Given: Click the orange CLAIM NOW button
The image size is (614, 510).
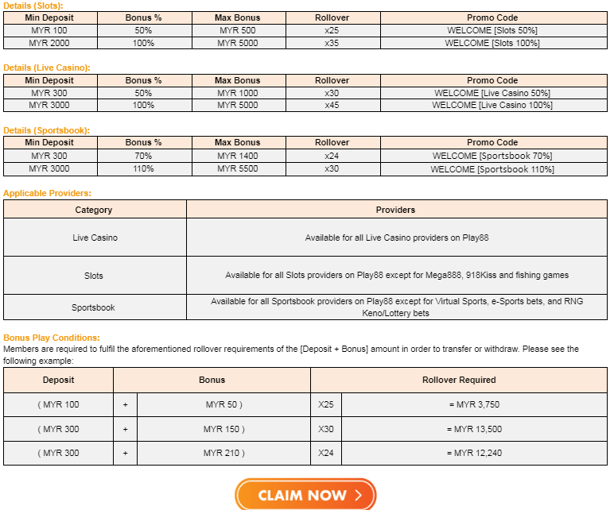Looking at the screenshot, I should point(305,495).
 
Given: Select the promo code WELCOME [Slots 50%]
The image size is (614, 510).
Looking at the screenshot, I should point(492,30).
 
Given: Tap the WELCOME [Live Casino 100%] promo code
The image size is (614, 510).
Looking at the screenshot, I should point(492,105).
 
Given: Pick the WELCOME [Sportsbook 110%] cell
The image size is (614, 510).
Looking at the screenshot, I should point(492,168).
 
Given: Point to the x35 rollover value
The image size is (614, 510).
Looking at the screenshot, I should point(332,43).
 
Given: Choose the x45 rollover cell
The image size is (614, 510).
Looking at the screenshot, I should point(332,105).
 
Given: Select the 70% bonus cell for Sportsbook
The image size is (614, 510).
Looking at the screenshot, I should point(143,156).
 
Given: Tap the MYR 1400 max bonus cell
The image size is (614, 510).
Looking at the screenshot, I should point(238,156).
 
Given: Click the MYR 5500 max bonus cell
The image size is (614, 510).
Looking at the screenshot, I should point(238,168).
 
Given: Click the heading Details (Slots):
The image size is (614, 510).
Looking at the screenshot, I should point(33,6).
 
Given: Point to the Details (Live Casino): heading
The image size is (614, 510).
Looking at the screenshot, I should point(47,68).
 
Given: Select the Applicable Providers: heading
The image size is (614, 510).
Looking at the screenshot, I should point(47,193).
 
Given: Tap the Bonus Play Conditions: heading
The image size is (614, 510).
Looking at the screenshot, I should point(52,338).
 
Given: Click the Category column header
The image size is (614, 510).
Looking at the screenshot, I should point(94,210).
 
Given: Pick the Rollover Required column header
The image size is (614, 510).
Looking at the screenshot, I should point(459,380).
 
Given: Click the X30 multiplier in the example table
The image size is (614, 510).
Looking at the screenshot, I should point(326,429).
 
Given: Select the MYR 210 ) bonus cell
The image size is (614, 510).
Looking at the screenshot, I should point(223,453).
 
